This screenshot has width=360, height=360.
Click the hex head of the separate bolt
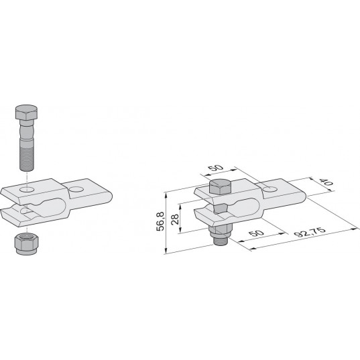(26, 113)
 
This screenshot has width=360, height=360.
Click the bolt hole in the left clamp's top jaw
(27, 190)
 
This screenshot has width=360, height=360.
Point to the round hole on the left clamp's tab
(76, 190)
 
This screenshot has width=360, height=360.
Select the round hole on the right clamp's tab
(270, 190)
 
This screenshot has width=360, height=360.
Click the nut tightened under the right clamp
(220, 231)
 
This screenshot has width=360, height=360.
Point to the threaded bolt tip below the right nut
(220, 241)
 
